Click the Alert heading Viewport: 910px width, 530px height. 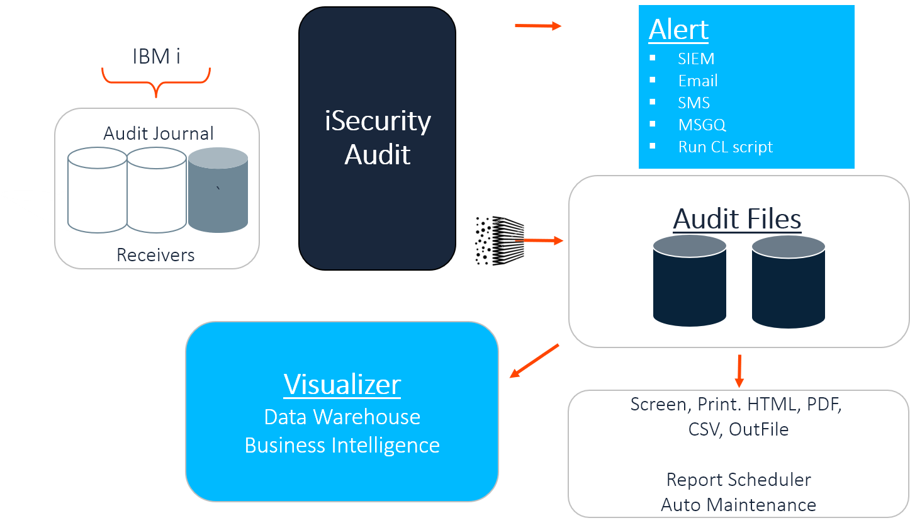pyautogui.click(x=678, y=30)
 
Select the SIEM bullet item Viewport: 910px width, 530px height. pyautogui.click(x=695, y=59)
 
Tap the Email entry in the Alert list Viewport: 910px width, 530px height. pyautogui.click(x=697, y=81)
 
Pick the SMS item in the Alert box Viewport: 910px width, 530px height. pyautogui.click(x=694, y=103)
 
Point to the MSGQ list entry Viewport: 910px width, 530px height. pyautogui.click(x=702, y=125)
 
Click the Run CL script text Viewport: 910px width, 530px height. pyautogui.click(x=725, y=147)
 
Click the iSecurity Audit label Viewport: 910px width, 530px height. pyautogui.click(x=378, y=137)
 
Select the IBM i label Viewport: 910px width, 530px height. pyautogui.click(x=156, y=57)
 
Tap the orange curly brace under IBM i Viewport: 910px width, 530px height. pyautogui.click(x=156, y=82)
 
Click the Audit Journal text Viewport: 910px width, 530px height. pyautogui.click(x=158, y=133)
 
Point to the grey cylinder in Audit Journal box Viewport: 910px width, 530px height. pyautogui.click(x=218, y=190)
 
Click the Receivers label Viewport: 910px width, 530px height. pyautogui.click(x=155, y=255)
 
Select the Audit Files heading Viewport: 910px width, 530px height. pyautogui.click(x=737, y=219)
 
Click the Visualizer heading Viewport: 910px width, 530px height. pyautogui.click(x=342, y=385)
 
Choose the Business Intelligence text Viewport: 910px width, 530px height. pyautogui.click(x=342, y=445)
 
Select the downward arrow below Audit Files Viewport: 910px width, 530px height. pyautogui.click(x=739, y=371)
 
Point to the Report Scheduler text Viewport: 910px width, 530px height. pyautogui.click(x=738, y=480)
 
